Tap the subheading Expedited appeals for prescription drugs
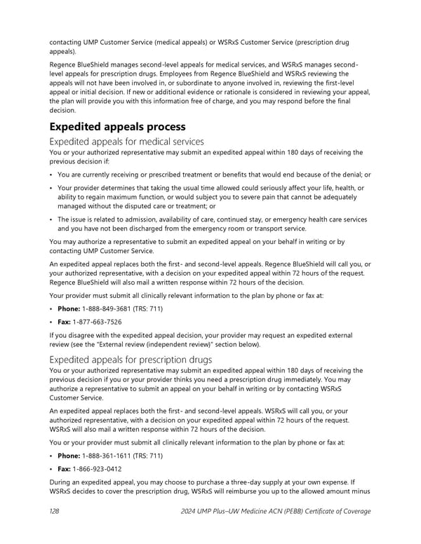tap(131, 360)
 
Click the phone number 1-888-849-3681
tap(111, 308)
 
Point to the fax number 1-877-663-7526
tap(98, 322)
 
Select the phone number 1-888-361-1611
tap(111, 456)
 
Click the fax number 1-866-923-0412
tap(98, 469)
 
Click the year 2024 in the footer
tap(191, 512)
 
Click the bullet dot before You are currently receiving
tap(51, 175)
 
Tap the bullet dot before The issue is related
tap(51, 219)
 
